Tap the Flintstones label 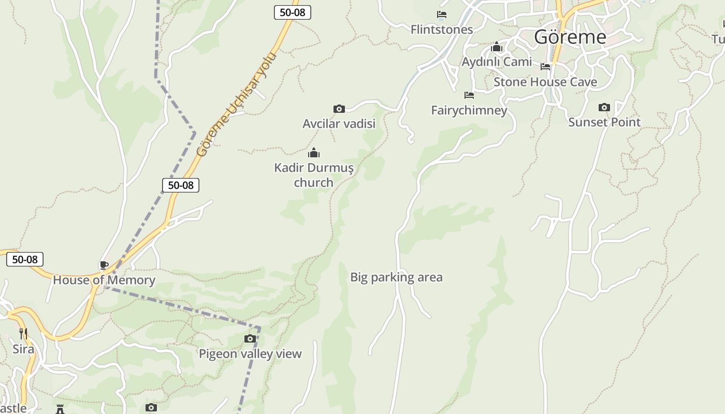(x=442, y=29)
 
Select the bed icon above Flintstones (x=442, y=14)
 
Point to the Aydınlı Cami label (x=497, y=62)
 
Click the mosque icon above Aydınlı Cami (x=497, y=48)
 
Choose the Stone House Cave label (x=545, y=82)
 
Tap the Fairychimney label (x=469, y=110)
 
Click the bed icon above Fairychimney (x=469, y=95)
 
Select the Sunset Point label (x=604, y=122)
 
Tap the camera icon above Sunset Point (x=604, y=108)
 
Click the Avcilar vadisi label (x=339, y=124)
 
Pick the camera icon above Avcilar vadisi (x=339, y=109)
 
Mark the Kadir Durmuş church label (x=314, y=175)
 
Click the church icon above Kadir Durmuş (x=314, y=153)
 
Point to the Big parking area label (x=396, y=277)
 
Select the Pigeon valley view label (x=250, y=354)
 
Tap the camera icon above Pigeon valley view (x=250, y=339)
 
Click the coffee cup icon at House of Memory (x=104, y=265)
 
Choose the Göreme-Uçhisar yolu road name (x=237, y=104)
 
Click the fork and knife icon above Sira (x=23, y=334)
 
